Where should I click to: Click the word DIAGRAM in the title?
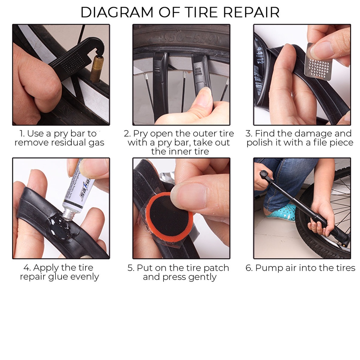117,12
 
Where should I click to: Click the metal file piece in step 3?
319,62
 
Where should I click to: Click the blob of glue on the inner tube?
60,226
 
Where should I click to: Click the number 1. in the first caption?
22,133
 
